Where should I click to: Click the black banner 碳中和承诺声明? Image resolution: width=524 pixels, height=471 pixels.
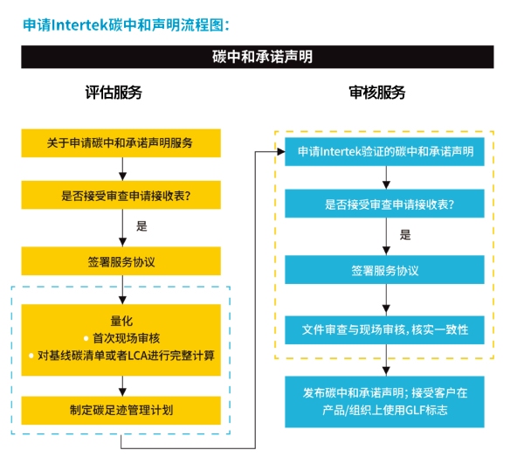(x=261, y=57)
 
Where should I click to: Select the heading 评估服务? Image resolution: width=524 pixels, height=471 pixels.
(x=113, y=93)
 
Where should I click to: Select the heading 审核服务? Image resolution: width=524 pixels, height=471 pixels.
(x=376, y=93)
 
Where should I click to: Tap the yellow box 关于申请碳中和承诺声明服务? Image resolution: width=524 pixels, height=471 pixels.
(x=121, y=142)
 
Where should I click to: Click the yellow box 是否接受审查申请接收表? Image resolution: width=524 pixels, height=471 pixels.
(x=121, y=196)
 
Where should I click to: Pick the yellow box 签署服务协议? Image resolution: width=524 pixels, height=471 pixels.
(x=121, y=260)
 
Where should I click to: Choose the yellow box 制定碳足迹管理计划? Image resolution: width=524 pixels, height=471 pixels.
(x=121, y=409)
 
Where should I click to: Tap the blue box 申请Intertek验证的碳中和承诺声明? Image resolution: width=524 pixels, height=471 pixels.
(x=385, y=151)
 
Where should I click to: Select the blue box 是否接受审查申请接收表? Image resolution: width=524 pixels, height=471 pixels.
(x=385, y=204)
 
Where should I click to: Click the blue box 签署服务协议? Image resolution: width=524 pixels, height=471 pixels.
(x=385, y=270)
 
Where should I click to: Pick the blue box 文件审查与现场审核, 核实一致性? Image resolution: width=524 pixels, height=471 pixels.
(x=385, y=329)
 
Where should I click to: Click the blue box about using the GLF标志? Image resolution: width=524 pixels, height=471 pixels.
(x=385, y=401)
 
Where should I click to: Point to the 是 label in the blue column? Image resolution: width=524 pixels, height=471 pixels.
(x=405, y=235)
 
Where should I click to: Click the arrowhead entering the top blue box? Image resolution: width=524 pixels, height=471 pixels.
(x=280, y=152)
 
